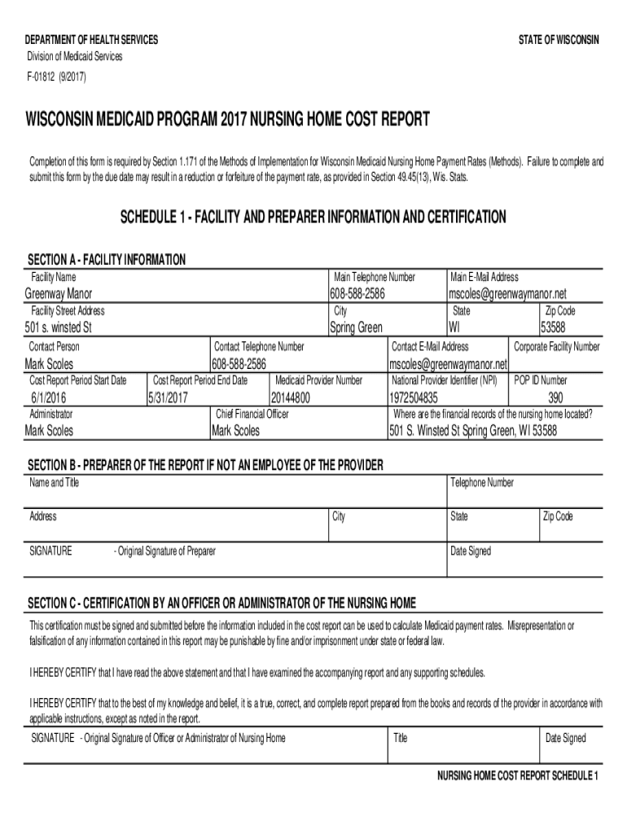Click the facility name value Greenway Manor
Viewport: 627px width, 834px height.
59,294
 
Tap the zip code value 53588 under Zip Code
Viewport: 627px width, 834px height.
555,328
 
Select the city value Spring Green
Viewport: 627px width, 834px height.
356,328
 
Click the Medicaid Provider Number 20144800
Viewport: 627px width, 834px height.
291,397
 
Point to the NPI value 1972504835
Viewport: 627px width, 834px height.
414,397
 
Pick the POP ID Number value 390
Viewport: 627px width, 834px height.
555,397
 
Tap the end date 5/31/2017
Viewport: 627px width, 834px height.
169,397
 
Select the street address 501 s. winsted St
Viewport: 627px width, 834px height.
58,328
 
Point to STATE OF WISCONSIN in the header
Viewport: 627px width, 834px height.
558,40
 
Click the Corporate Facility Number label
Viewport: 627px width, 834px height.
556,347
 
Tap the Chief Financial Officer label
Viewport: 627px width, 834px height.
252,414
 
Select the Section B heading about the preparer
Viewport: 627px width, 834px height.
205,465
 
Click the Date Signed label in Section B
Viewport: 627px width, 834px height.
470,551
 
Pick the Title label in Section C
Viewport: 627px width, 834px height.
400,739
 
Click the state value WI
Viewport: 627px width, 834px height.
454,328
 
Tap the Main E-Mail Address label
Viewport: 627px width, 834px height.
484,278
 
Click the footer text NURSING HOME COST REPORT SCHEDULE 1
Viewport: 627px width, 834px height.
518,775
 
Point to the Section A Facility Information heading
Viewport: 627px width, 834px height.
107,260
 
